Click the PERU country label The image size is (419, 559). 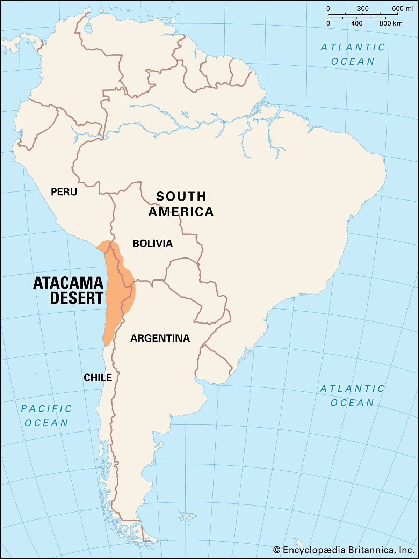pyautogui.click(x=64, y=192)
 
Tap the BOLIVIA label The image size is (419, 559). pyautogui.click(x=152, y=244)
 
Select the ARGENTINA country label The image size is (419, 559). pyautogui.click(x=160, y=338)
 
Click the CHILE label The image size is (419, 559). pyautogui.click(x=98, y=378)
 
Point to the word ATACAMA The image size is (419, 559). pyautogui.click(x=68, y=283)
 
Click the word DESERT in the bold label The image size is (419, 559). pyautogui.click(x=77, y=298)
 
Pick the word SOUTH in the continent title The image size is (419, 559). pyautogui.click(x=181, y=196)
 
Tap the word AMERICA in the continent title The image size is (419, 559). pyautogui.click(x=181, y=212)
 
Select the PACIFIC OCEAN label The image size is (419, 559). pyautogui.click(x=46, y=416)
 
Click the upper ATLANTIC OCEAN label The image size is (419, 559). pyautogui.click(x=353, y=54)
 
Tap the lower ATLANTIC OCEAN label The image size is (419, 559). pyautogui.click(x=352, y=395)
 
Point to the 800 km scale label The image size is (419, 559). pyautogui.click(x=391, y=23)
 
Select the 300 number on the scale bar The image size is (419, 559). pyautogui.click(x=363, y=9)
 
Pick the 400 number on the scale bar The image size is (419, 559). pyautogui.click(x=357, y=23)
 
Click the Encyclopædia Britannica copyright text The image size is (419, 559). pyautogui.click(x=348, y=550)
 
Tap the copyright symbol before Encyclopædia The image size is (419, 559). pyautogui.click(x=277, y=550)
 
